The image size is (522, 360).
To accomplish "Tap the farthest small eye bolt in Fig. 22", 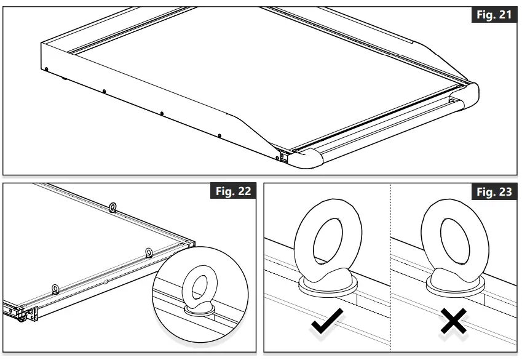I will (x=113, y=208).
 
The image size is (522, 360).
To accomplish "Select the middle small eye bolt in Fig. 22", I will (x=149, y=251).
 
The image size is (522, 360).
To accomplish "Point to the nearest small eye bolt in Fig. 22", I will (x=55, y=289).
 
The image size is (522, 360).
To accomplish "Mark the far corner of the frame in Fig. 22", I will (x=192, y=241).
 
